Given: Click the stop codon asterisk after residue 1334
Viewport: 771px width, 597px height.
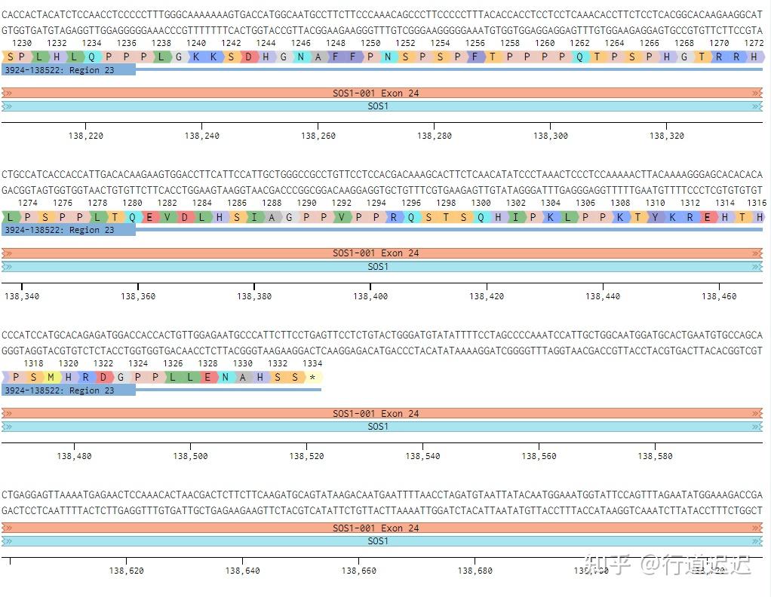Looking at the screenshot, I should [312, 377].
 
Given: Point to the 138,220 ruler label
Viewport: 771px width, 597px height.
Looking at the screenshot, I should [85, 136].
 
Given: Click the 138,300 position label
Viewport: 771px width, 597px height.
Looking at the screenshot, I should [550, 136].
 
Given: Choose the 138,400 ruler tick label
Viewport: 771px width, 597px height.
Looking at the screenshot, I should [370, 297].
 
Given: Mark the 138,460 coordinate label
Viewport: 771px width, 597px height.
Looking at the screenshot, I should [719, 297].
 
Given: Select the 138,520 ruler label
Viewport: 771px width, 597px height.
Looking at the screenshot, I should [306, 456].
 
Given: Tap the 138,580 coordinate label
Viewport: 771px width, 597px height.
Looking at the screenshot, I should [655, 456].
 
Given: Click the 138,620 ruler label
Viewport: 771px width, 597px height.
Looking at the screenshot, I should [126, 571].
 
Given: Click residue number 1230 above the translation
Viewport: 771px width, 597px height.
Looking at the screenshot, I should [22, 43].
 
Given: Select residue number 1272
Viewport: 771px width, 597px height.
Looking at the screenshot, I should [753, 43].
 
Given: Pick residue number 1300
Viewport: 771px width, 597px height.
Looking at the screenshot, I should [481, 203].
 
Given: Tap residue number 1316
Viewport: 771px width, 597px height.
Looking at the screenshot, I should [756, 203].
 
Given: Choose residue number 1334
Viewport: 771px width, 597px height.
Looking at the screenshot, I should [312, 363].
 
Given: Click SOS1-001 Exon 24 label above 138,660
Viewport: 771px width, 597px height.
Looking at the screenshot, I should [376, 528].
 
